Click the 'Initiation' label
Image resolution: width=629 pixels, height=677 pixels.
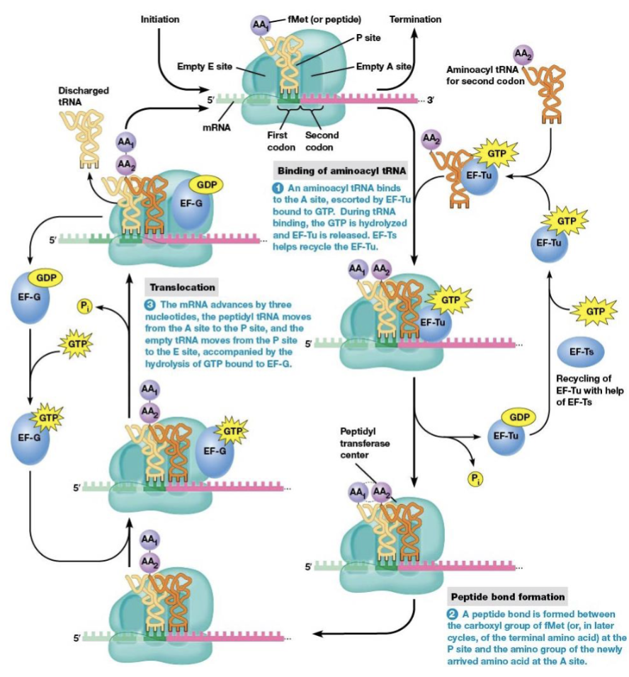tap(160, 19)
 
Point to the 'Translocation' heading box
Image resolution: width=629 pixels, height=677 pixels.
tap(181, 288)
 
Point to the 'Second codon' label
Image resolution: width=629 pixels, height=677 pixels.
tap(322, 141)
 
